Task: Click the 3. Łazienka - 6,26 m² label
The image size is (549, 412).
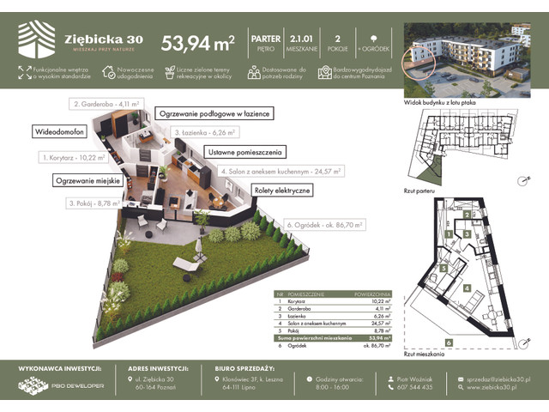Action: coord(204,133)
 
